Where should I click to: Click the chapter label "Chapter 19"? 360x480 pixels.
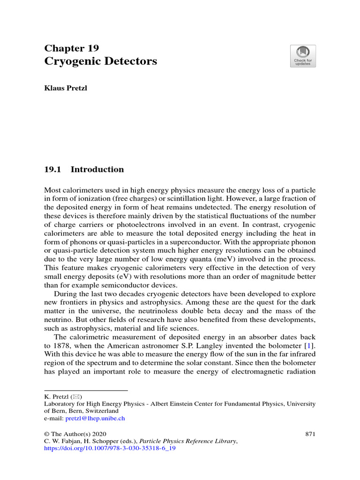coord(71,48)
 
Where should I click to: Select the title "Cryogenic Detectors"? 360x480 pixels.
coord(100,61)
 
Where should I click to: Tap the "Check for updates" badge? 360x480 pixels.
coord(303,56)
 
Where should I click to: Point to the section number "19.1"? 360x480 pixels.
coord(53,170)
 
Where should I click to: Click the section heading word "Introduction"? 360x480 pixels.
coord(97,170)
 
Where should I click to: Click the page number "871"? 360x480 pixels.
coord(310,434)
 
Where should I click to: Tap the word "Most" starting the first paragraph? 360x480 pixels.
coord(52,190)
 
